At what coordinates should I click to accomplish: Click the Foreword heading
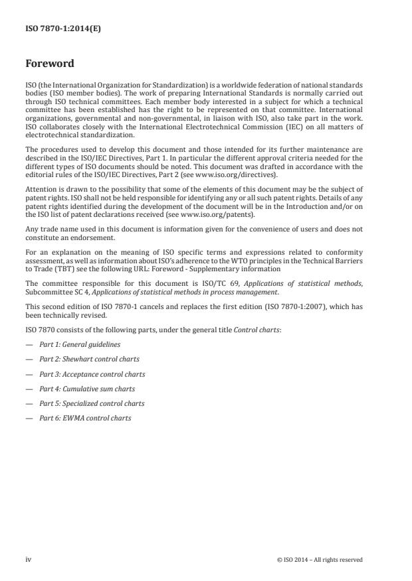(50, 64)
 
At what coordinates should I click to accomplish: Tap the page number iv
(28, 560)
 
